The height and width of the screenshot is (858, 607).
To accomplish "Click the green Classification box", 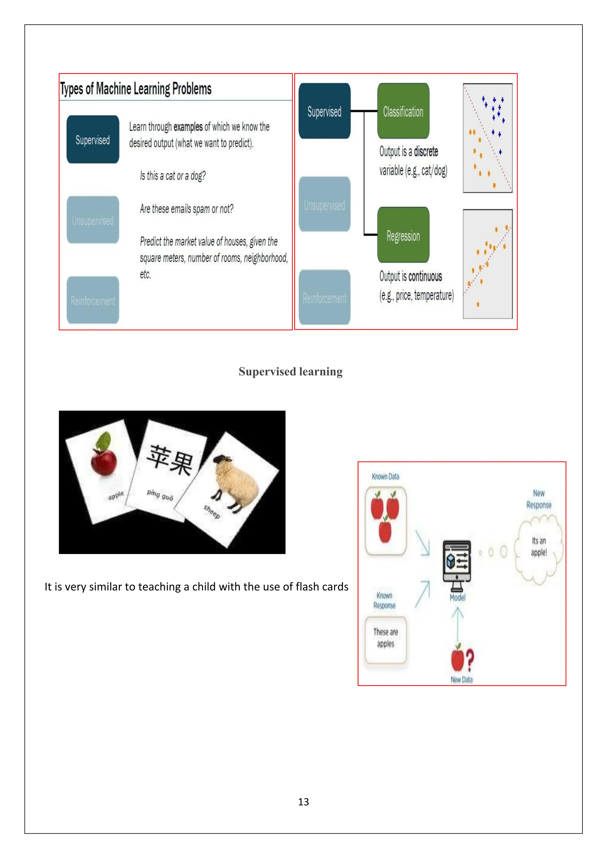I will pyautogui.click(x=403, y=111).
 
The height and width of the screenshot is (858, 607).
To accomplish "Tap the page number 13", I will pyautogui.click(x=303, y=802).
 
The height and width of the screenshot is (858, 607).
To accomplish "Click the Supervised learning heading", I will pyautogui.click(x=290, y=372).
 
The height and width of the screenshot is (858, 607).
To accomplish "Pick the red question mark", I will pyautogui.click(x=470, y=660).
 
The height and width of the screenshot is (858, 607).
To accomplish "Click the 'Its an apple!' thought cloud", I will pyautogui.click(x=539, y=548).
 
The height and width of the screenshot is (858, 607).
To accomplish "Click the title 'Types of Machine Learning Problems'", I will pyautogui.click(x=136, y=89).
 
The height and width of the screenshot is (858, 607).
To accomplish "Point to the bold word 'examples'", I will pyautogui.click(x=188, y=127).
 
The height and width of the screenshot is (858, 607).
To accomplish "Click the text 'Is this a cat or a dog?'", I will pyautogui.click(x=173, y=176).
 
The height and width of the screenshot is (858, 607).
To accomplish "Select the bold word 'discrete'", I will pyautogui.click(x=426, y=151).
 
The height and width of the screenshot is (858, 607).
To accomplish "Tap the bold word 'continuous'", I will pyautogui.click(x=425, y=276).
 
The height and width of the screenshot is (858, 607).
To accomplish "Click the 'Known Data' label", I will pyautogui.click(x=385, y=476).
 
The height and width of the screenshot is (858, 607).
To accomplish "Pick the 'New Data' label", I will pyautogui.click(x=461, y=680).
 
